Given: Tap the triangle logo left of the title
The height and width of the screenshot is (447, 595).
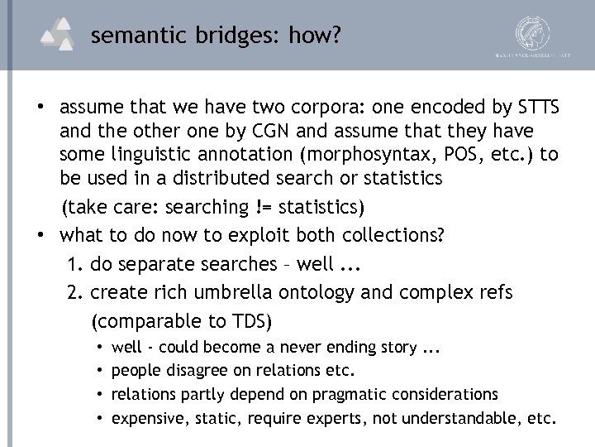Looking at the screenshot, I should pos(60,35).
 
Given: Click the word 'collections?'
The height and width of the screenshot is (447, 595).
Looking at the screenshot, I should pos(394,234).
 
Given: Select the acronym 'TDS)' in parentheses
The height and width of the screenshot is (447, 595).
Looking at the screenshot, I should pos(250,320).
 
